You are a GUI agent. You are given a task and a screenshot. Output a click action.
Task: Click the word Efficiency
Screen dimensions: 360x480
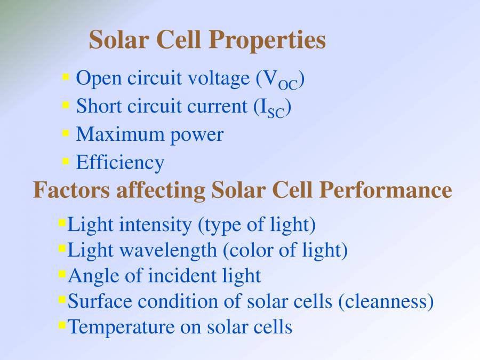click(120, 162)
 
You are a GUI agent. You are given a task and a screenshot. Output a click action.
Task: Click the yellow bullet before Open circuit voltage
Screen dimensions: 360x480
click(66, 77)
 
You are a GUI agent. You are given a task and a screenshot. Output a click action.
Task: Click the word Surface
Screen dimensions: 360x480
click(100, 301)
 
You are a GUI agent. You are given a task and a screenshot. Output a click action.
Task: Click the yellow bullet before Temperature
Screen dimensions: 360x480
click(62, 323)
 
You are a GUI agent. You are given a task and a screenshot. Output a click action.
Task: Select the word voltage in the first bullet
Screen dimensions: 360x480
click(217, 78)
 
